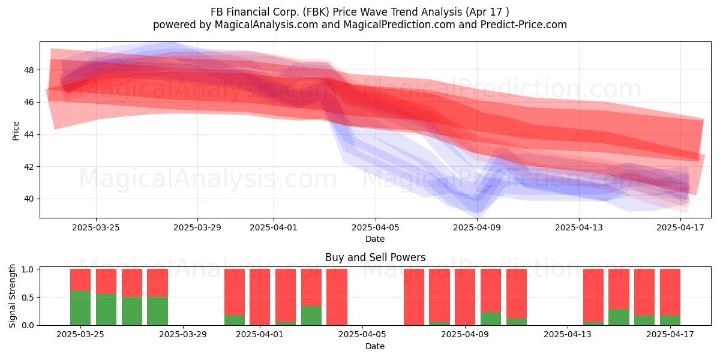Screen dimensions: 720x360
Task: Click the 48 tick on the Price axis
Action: tap(30, 70)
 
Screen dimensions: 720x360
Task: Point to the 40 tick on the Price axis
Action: tap(30, 199)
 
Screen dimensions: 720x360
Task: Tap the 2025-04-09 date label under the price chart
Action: tap(477, 227)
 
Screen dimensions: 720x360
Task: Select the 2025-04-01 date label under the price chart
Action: tap(274, 227)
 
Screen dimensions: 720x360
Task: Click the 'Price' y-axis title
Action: tap(16, 131)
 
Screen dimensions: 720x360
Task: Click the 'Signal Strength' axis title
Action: tap(12, 296)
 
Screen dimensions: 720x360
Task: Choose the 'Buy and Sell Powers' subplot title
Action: tap(375, 257)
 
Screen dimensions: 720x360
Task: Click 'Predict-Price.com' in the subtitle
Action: tap(524, 25)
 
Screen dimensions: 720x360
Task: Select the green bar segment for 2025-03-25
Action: tap(80, 308)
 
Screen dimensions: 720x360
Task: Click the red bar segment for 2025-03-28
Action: tap(157, 283)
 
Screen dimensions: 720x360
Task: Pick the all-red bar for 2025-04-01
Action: tap(260, 297)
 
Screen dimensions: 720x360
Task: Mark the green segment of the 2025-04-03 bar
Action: tap(311, 316)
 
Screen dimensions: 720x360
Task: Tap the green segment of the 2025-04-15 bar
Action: tap(619, 317)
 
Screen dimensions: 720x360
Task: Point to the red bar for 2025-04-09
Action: tap(465, 297)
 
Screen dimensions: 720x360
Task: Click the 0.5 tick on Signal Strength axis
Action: tap(28, 298)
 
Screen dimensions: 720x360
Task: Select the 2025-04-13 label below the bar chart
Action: tap(568, 334)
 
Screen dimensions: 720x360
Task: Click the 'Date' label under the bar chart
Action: tap(375, 346)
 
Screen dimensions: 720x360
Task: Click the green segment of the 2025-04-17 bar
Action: tap(670, 320)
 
